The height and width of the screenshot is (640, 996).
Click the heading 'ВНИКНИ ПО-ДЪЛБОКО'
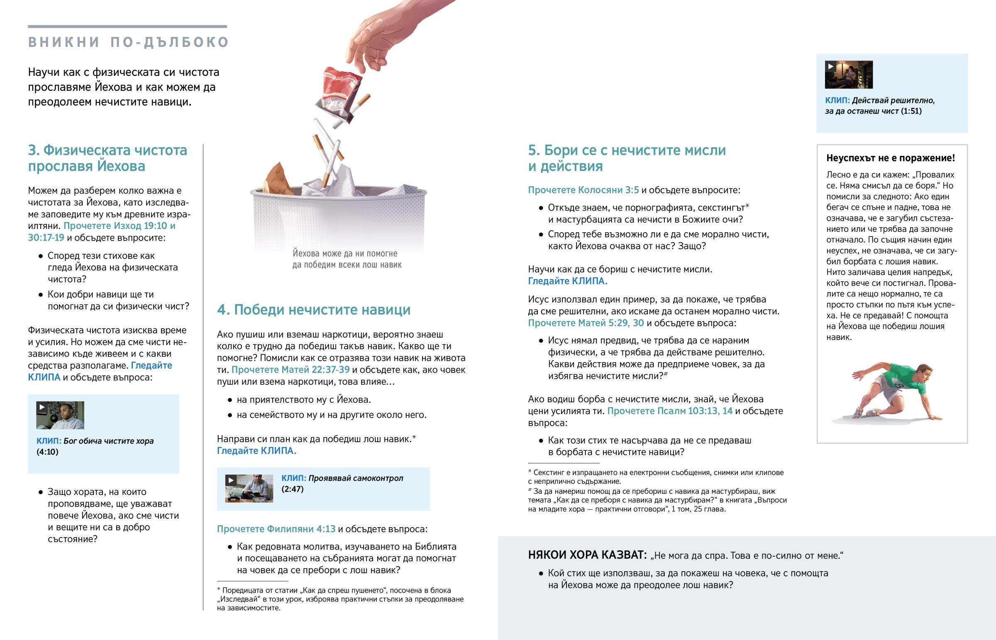point(129,42)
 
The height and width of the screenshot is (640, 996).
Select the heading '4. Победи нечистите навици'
point(314,309)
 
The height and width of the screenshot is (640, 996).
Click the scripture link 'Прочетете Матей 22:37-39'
point(290,370)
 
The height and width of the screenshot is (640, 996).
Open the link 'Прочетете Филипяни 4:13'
point(276,528)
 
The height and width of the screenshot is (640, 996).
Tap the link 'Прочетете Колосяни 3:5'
point(583,190)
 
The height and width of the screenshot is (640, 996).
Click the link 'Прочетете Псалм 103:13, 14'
point(670,411)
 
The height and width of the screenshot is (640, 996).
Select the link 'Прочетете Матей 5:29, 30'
point(586,323)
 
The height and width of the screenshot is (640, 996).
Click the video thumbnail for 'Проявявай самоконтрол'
point(249,488)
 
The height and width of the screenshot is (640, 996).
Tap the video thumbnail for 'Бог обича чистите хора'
point(60,415)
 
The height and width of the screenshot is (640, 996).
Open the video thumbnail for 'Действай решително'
point(849,75)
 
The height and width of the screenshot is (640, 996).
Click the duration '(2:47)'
point(293,489)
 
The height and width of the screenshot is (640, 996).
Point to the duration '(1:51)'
point(911,111)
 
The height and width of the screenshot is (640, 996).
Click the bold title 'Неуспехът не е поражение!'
point(891,158)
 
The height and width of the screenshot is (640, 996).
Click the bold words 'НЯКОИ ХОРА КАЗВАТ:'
point(587,555)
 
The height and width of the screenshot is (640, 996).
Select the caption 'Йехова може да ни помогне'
point(345,253)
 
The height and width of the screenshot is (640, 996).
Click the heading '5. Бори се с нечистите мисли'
point(627,150)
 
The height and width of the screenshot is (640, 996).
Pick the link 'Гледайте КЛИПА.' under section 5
point(567,281)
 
